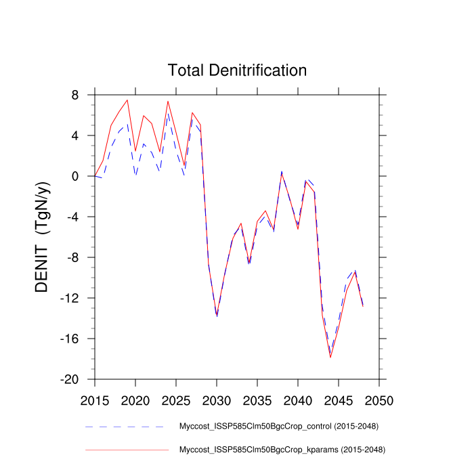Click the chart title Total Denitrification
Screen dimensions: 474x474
pyautogui.click(x=237, y=70)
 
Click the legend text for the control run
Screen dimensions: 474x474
pyautogui.click(x=278, y=427)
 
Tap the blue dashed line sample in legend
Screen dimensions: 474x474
pyautogui.click(x=126, y=427)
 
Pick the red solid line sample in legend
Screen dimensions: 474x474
pyautogui.click(x=126, y=449)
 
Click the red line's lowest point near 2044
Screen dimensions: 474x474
pyautogui.click(x=330, y=357)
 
